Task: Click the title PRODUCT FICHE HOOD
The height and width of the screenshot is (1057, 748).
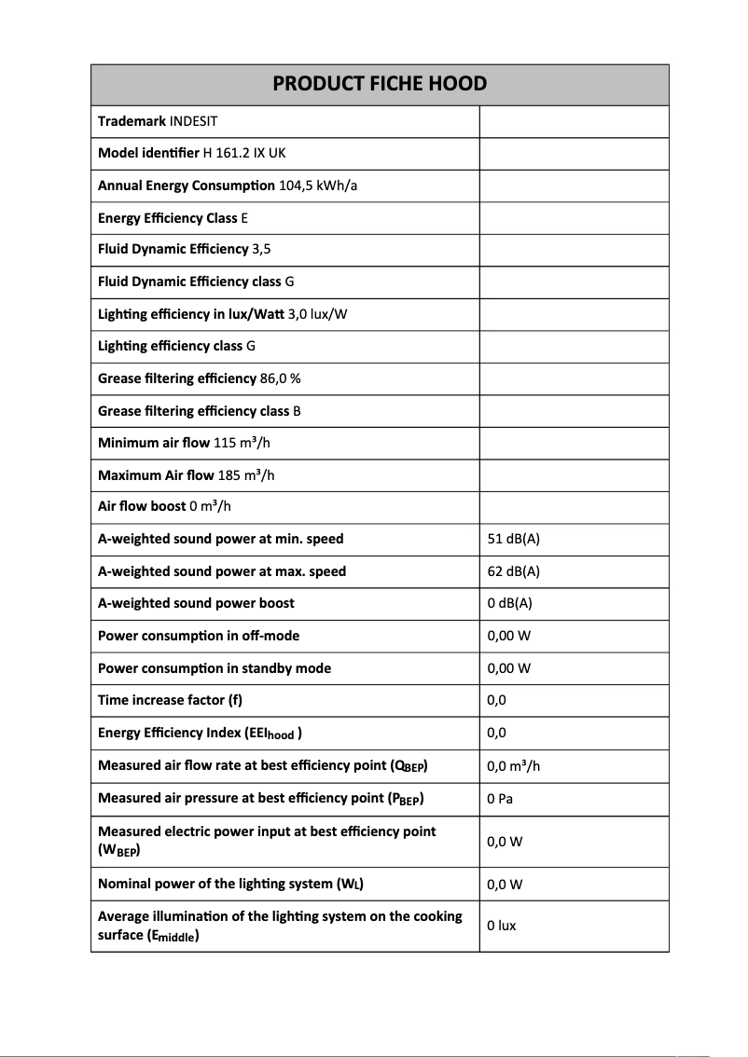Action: point(380,84)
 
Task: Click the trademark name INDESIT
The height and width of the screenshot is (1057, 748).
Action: point(193,121)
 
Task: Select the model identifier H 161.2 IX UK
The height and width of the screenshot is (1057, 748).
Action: point(245,153)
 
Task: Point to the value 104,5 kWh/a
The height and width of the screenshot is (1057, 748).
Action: point(318,185)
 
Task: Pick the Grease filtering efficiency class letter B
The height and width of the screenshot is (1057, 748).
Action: point(297,411)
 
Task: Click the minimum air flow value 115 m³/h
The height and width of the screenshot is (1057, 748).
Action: point(242,443)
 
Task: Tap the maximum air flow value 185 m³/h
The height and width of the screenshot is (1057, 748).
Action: point(245,475)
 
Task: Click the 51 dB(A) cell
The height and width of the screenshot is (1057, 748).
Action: point(513,539)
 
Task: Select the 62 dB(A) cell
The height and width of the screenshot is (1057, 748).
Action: point(513,571)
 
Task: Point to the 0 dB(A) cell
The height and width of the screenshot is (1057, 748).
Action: point(509,603)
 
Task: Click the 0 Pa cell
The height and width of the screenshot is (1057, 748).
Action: point(501,798)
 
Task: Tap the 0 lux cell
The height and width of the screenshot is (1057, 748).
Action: point(502,926)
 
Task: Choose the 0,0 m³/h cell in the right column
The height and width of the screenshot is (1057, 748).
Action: point(514,765)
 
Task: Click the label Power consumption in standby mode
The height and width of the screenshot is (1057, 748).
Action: point(214,668)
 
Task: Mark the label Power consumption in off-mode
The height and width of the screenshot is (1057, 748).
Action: point(199,636)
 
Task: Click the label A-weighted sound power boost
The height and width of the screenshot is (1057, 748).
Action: point(196,603)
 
